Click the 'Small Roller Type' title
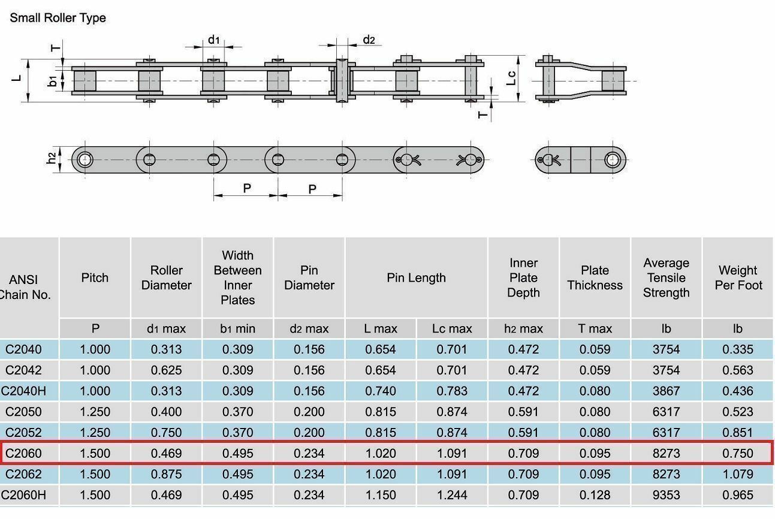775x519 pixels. pos(58,18)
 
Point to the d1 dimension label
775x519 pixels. pos(214,40)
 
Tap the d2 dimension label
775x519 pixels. pos(369,40)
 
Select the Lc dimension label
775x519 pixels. pos(511,78)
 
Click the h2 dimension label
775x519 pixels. pos(51,158)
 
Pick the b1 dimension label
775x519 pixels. pos(52,82)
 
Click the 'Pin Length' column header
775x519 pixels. pos(416,278)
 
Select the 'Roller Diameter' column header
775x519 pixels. pos(167,278)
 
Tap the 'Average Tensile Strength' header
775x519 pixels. pos(667,278)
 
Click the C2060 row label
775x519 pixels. pos(23,453)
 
